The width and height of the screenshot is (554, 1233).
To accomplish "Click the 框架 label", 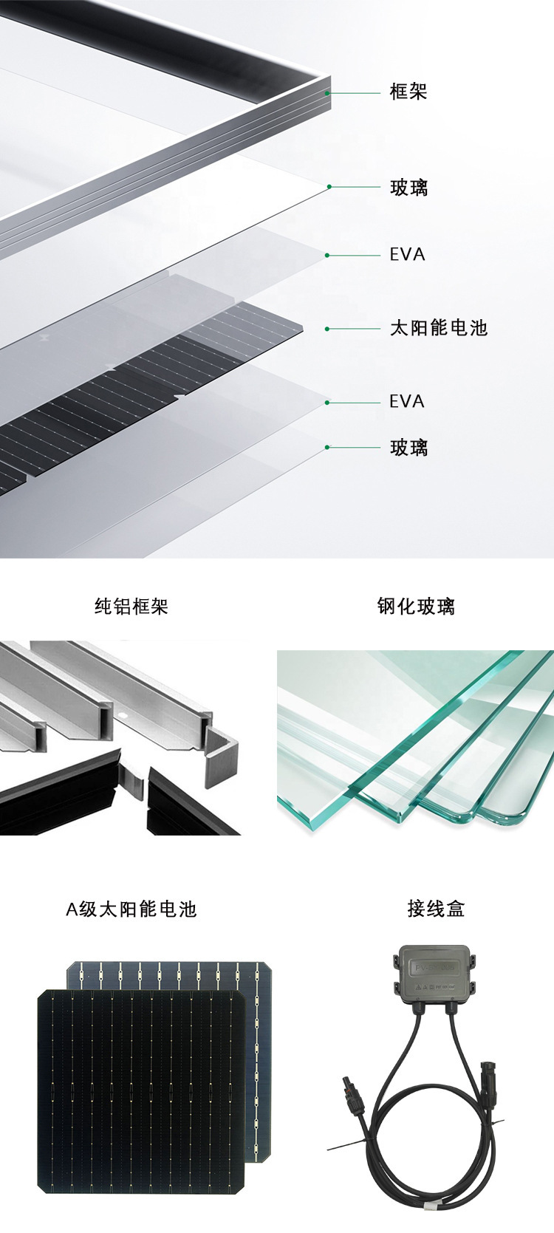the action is point(408,92).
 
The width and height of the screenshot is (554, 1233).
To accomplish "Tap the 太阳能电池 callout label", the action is point(439,328).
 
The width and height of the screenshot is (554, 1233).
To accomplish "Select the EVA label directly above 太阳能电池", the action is point(407,255).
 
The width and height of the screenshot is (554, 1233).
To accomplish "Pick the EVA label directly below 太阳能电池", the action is point(407,402).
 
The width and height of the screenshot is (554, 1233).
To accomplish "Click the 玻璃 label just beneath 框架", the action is point(408,188).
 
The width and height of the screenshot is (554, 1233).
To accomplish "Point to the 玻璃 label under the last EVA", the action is point(408,448).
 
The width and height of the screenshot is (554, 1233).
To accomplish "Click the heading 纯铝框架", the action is point(131,607).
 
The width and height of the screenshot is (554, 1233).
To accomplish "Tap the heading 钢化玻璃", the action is point(416,607).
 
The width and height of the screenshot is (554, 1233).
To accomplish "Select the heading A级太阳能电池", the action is point(131,909).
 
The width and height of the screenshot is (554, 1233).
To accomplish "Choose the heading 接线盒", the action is point(436,909).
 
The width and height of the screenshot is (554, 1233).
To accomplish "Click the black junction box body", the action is point(436,974).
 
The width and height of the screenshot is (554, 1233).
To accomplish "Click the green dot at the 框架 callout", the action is point(327,93).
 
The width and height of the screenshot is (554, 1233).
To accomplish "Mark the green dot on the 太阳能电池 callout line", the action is point(327,329).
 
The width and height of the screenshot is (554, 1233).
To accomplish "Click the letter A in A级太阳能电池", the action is point(72,909).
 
